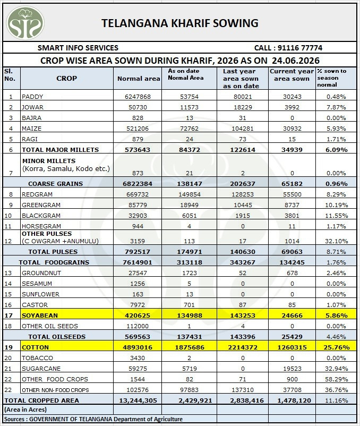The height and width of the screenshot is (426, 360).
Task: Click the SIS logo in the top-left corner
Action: [25, 23]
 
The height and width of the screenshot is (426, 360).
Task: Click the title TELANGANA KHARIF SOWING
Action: [179, 23]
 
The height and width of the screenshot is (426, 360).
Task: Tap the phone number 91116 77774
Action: [301, 48]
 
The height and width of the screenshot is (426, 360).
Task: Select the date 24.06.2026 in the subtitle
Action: [296, 61]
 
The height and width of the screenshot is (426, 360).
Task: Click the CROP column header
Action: [66, 79]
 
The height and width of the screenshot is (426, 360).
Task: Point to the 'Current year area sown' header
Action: [292, 75]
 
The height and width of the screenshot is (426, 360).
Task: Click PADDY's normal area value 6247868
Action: [138, 97]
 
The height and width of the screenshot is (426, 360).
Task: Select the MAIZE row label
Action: [31, 129]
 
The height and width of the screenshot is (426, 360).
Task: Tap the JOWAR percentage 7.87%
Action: [336, 107]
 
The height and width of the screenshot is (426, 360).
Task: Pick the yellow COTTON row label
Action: [35, 347]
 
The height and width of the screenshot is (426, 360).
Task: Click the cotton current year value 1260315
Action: [292, 347]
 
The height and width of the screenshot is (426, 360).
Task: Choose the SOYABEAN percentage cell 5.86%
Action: [337, 316]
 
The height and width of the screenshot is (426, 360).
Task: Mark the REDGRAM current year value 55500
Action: [292, 194]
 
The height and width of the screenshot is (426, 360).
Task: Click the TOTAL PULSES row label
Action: [53, 252]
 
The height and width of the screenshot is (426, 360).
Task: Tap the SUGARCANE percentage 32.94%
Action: [337, 369]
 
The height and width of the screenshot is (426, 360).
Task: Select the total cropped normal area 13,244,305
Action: [138, 401]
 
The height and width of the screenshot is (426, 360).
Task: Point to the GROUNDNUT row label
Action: [41, 273]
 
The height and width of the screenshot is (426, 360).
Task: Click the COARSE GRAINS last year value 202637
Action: [243, 184]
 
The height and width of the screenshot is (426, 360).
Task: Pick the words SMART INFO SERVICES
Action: [78, 48]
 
